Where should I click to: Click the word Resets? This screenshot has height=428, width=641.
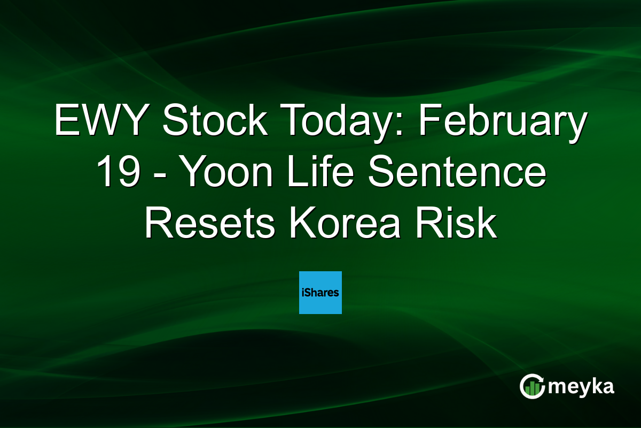[x=209, y=224]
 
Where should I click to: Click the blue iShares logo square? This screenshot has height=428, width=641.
[x=320, y=293]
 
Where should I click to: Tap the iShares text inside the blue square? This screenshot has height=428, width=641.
[x=320, y=293]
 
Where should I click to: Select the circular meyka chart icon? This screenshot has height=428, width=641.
[x=533, y=386]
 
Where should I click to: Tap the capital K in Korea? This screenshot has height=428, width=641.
[x=300, y=224]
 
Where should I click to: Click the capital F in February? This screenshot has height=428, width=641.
[x=429, y=121]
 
